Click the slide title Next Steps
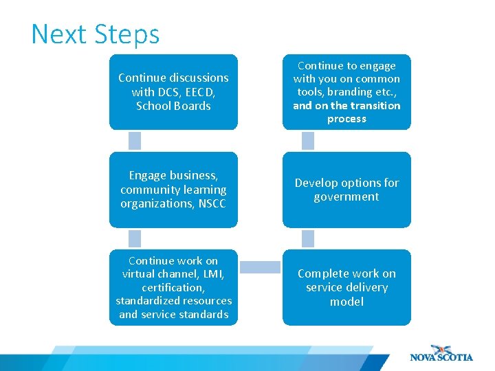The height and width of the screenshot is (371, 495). click(x=95, y=34)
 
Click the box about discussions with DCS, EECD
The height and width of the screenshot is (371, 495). click(x=173, y=92)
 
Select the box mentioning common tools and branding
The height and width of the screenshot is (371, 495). click(x=346, y=92)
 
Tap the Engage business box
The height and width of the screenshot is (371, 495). click(x=173, y=190)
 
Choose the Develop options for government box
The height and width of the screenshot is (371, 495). click(x=346, y=190)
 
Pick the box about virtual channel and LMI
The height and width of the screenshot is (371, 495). click(x=173, y=287)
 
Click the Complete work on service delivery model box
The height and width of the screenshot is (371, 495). click(x=346, y=287)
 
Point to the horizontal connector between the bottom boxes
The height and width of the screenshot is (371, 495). click(x=260, y=265)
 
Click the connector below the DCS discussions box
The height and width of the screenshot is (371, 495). click(x=135, y=141)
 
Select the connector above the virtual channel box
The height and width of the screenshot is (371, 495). click(x=135, y=238)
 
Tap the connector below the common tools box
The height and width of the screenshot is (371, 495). click(x=308, y=141)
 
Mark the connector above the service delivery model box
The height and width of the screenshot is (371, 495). click(x=308, y=238)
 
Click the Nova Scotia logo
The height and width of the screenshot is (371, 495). click(x=441, y=352)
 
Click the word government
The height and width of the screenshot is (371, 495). click(x=346, y=197)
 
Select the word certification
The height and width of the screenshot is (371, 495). click(x=173, y=287)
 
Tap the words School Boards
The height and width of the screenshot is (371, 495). click(x=173, y=106)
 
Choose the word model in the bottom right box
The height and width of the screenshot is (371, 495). click(x=346, y=302)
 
